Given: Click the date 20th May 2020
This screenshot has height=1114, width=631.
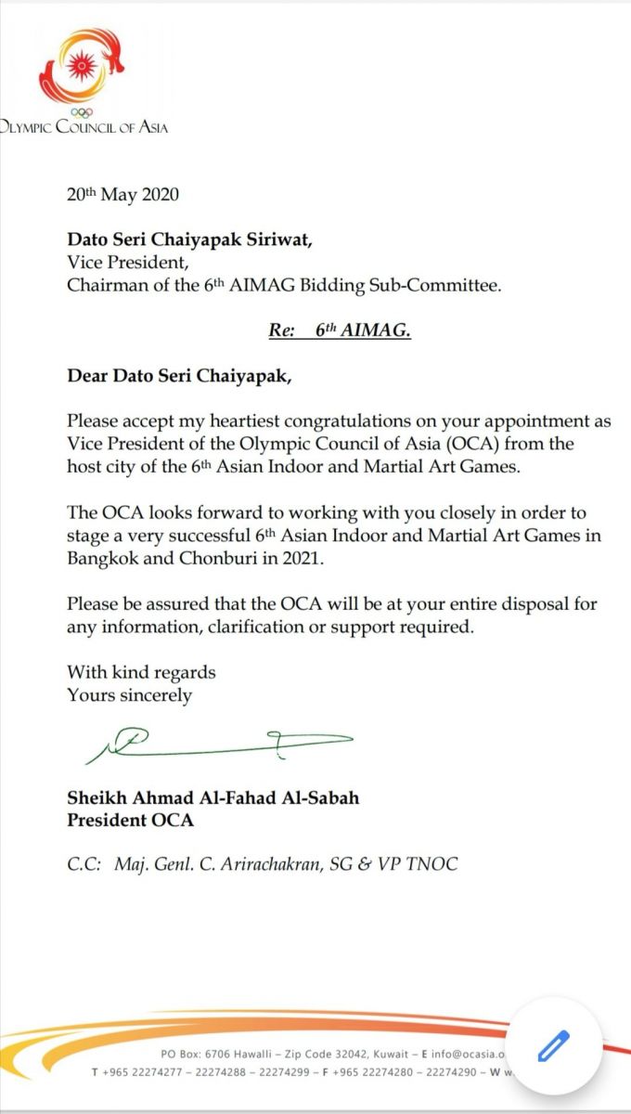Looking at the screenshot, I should click(x=122, y=195).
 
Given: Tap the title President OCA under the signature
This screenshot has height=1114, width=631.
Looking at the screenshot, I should click(x=130, y=821).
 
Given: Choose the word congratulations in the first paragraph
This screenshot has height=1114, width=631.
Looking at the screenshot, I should click(x=345, y=421).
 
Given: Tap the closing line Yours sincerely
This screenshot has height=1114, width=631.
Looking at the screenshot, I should click(x=129, y=694).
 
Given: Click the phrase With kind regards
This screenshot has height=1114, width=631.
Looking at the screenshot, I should click(x=141, y=671).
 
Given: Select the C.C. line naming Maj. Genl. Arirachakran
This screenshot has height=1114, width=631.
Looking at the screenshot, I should click(x=263, y=864).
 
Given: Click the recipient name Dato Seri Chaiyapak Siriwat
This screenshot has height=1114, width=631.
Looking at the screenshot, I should click(x=189, y=240).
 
